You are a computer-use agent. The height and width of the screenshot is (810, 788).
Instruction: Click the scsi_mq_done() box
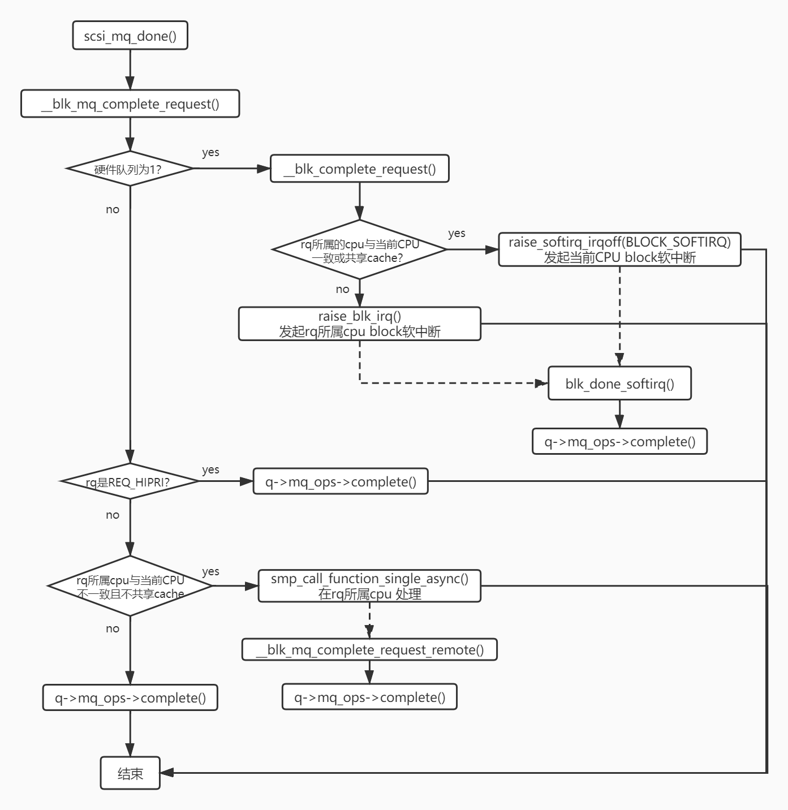click(x=130, y=36)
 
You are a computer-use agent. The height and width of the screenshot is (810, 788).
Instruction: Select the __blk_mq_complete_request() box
click(x=130, y=104)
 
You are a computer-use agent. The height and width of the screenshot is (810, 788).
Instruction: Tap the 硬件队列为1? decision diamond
click(x=130, y=169)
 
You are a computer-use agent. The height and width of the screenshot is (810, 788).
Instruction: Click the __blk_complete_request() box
click(x=359, y=169)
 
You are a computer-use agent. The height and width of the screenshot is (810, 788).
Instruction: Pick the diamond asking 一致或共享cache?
click(x=359, y=249)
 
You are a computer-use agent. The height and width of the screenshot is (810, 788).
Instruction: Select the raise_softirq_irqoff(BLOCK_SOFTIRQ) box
click(x=619, y=249)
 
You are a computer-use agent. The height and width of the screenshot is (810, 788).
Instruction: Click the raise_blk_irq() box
click(x=359, y=324)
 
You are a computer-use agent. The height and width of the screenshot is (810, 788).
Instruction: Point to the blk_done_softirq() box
click(x=619, y=384)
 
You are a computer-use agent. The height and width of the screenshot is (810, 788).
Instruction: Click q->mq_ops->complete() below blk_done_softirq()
click(x=619, y=441)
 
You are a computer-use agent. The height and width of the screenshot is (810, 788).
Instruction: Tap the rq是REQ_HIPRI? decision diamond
click(x=130, y=481)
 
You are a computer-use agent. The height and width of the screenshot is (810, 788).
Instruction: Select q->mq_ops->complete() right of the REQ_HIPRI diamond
click(x=341, y=481)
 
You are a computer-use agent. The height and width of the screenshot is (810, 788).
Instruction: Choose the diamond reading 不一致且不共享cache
click(x=130, y=586)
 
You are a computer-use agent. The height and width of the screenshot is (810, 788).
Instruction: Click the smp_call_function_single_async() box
click(x=369, y=586)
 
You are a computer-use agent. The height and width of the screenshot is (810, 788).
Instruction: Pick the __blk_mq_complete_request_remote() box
click(x=369, y=649)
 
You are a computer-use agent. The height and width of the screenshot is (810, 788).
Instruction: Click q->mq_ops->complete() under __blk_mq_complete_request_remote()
click(x=369, y=697)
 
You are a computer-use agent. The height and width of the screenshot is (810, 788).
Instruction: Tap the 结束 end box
click(x=130, y=773)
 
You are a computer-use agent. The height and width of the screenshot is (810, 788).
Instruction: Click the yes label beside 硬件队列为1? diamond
click(x=210, y=153)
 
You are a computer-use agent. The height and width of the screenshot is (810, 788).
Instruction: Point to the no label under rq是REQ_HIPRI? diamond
click(x=113, y=515)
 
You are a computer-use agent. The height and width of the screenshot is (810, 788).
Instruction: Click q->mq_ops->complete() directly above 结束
click(x=130, y=697)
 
